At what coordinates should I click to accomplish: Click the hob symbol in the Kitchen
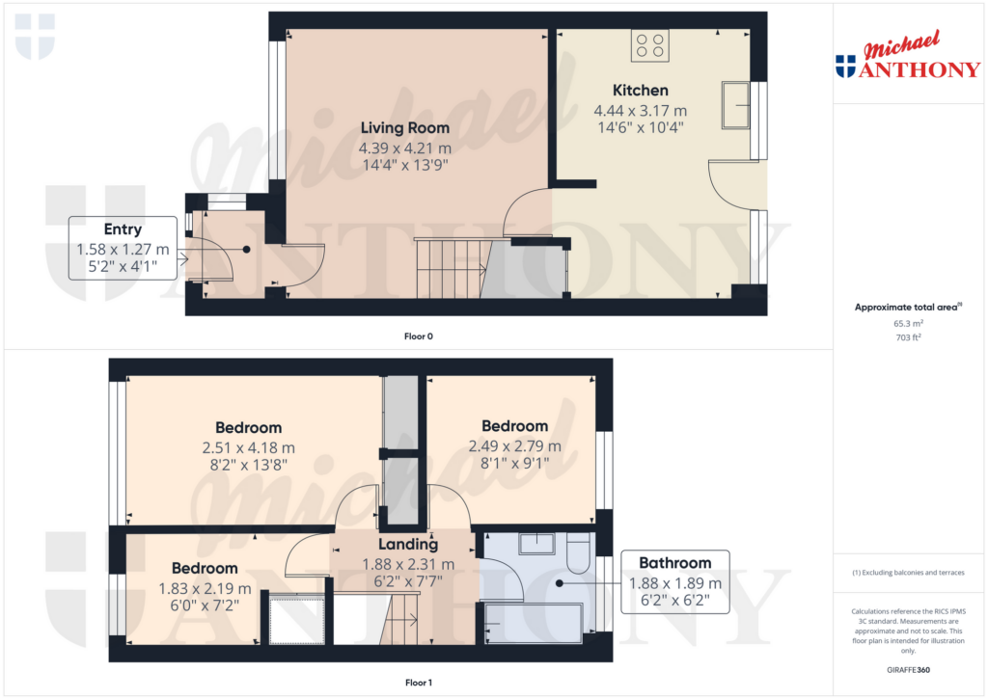pos(649,46)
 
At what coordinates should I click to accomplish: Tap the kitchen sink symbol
pos(735,105)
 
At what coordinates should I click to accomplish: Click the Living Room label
pos(405,128)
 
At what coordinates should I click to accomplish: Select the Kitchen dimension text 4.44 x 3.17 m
pos(641,111)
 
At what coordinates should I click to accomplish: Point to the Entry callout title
pos(123,229)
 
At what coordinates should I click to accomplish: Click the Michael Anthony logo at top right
pos(908,55)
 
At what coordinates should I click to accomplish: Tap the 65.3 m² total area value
pos(908,323)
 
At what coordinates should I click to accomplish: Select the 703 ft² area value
pos(908,337)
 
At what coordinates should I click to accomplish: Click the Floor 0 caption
pos(419,336)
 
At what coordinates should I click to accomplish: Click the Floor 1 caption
pos(419,683)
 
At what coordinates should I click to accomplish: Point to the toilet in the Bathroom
pos(578,552)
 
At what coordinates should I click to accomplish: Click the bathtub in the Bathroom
pos(534,623)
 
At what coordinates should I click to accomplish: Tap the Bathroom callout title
pos(674,563)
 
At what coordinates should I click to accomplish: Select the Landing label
pos(408,544)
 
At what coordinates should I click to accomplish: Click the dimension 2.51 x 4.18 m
pos(248,448)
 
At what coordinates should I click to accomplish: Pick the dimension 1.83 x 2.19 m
pos(205,589)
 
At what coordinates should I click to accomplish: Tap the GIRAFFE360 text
pos(908,670)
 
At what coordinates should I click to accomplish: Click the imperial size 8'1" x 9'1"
pos(515,464)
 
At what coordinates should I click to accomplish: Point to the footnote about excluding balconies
pos(908,573)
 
